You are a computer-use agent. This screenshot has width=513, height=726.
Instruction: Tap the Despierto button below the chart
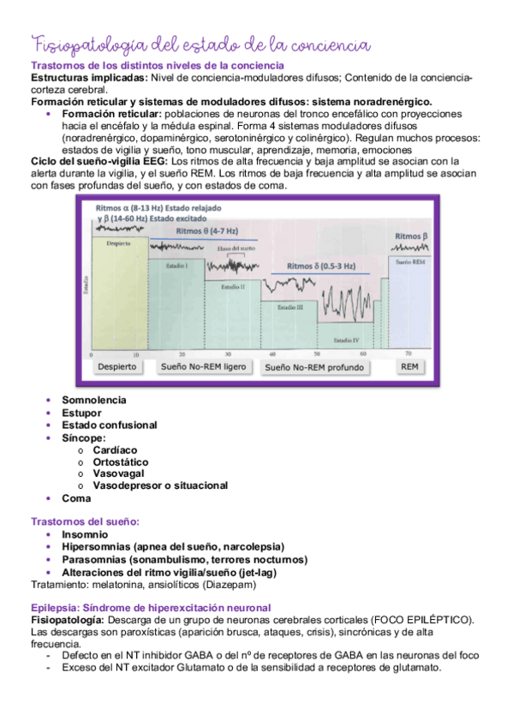click(x=117, y=366)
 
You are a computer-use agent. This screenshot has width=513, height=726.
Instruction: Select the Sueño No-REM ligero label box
click(x=204, y=366)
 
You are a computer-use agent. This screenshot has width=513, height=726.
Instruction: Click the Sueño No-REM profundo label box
click(x=313, y=367)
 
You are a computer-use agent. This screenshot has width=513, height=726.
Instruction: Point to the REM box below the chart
click(x=410, y=366)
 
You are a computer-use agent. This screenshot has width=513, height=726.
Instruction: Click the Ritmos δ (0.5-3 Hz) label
click(x=323, y=265)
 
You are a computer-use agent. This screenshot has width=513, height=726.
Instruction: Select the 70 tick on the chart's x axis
click(x=408, y=353)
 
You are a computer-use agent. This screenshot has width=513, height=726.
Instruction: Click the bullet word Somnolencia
click(x=93, y=400)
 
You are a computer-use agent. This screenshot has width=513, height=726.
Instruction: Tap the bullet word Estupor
click(x=81, y=413)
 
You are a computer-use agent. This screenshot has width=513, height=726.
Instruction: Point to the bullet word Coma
click(x=76, y=497)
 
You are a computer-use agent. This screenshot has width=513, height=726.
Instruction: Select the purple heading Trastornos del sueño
click(x=85, y=521)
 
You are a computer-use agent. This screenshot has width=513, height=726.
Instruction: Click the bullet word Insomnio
click(x=85, y=534)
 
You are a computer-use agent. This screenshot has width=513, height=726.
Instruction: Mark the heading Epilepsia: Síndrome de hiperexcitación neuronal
click(x=150, y=607)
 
